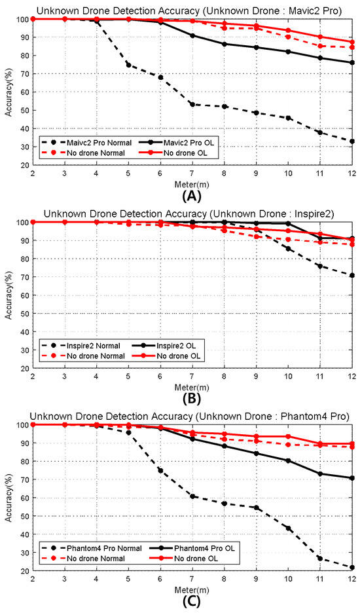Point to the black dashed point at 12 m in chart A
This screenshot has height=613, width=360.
tap(352, 141)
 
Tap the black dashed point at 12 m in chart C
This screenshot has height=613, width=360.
tap(352, 567)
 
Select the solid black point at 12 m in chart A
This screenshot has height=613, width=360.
tap(352, 63)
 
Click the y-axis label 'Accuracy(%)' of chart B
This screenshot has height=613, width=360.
tap(8, 295)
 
